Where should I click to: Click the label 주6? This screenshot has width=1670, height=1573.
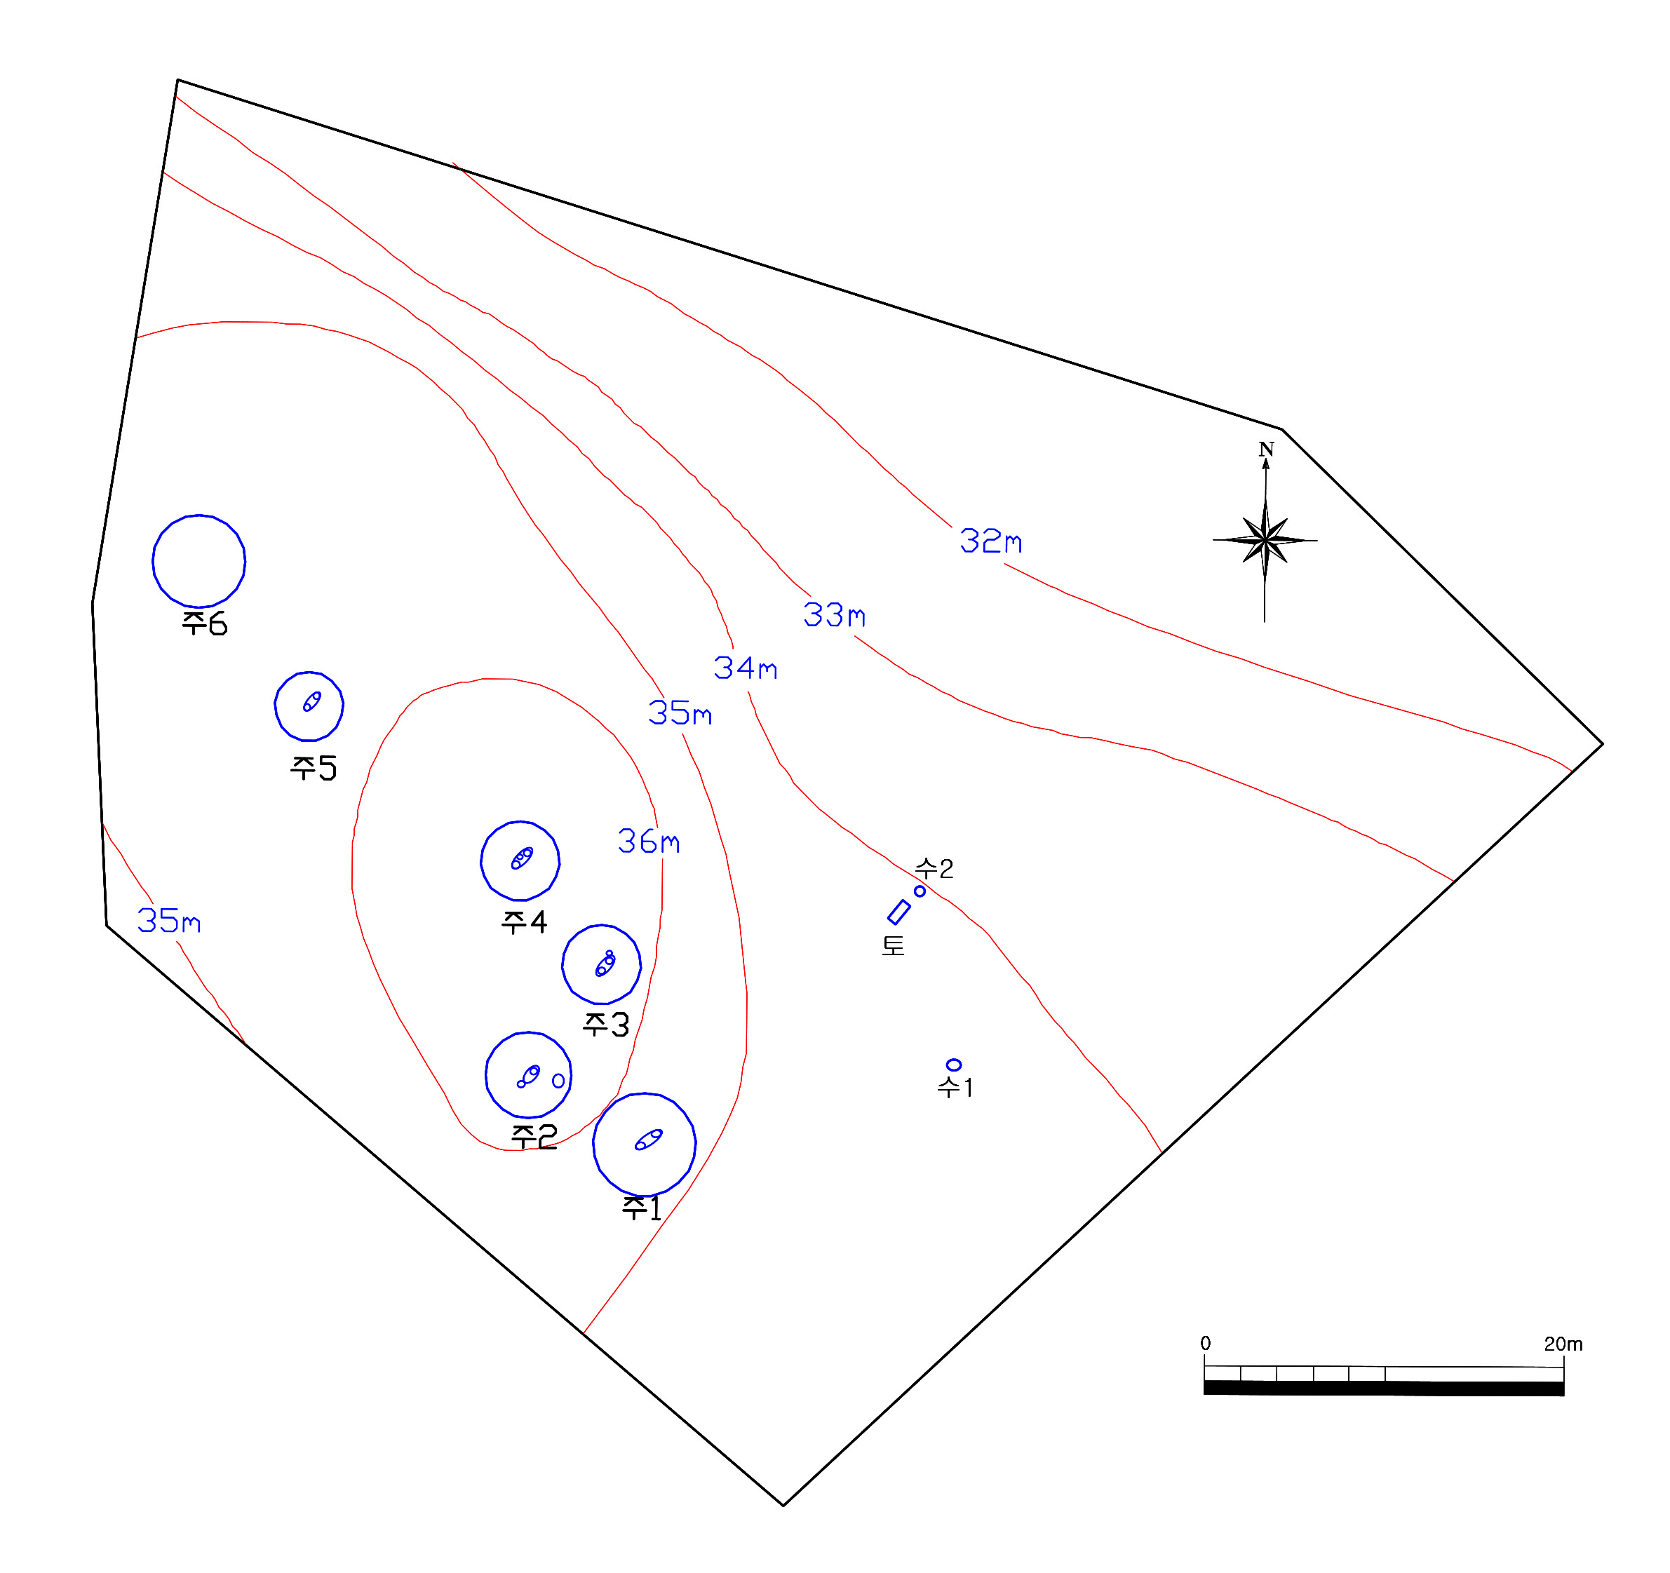[204, 623]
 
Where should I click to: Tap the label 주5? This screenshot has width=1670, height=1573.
[314, 768]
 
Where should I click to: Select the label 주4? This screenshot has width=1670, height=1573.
[524, 922]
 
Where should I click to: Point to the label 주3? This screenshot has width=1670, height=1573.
[606, 1025]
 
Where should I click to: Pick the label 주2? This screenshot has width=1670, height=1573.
[534, 1137]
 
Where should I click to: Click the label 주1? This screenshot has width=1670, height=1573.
[642, 1208]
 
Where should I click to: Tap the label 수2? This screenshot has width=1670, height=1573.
[934, 868]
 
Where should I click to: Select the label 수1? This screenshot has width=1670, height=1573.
[955, 1088]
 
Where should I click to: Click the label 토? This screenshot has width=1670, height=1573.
[893, 945]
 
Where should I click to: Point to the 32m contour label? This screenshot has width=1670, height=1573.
[991, 541]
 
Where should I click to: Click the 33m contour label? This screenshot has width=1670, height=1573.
[834, 615]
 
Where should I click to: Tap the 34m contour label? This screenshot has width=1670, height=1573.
[745, 668]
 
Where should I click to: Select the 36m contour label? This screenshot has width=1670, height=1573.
[649, 841]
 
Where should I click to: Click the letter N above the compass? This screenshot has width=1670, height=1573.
[1266, 450]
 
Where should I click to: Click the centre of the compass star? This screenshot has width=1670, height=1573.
[1265, 540]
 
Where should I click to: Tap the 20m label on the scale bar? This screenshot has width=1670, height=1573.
[1563, 1344]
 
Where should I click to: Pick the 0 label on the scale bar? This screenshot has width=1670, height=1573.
[1206, 1344]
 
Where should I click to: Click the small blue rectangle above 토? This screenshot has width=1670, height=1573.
[899, 912]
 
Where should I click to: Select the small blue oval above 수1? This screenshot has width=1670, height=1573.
[953, 1065]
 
